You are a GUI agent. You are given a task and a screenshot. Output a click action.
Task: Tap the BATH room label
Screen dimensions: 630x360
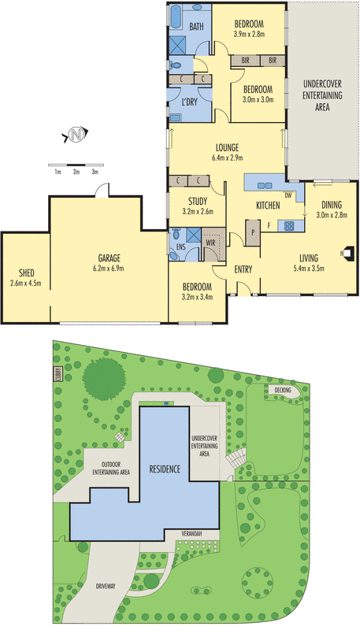coord(196,27)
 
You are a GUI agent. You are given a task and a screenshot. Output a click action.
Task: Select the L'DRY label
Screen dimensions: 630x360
coord(190,102)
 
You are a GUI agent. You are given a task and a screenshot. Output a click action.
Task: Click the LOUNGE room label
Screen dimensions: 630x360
coord(228,147)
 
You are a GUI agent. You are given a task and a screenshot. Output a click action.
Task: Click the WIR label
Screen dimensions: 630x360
coord(211,243)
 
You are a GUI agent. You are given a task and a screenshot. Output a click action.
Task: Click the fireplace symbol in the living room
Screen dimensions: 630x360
coord(350,253)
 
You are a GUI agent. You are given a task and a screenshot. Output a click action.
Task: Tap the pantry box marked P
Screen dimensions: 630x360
coord(253,232)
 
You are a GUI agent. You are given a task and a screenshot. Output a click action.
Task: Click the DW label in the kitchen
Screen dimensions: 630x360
coord(288,195)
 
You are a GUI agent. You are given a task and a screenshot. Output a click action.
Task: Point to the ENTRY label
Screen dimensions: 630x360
coord(243,270)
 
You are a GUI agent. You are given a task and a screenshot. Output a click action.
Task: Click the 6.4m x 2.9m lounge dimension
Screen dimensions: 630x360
coord(228,157)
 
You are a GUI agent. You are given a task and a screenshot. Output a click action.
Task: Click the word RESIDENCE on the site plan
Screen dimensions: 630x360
coord(165,469)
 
